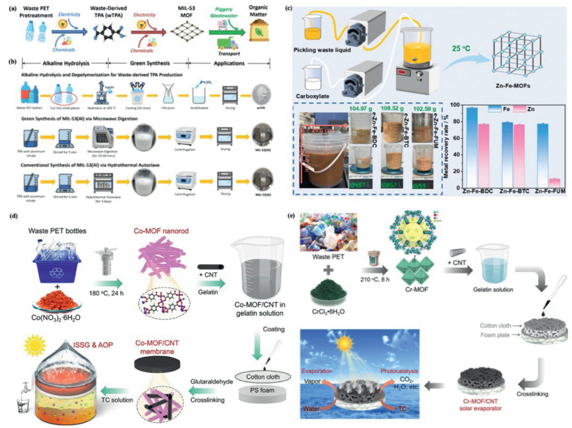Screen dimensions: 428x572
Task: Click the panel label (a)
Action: click(9, 8)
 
